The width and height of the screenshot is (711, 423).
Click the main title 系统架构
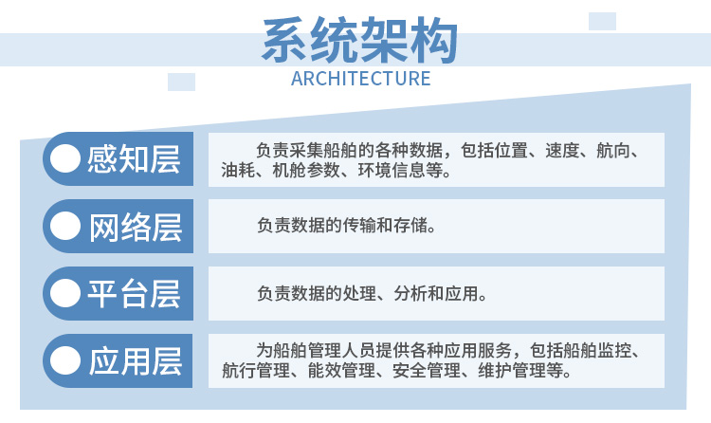tap(359, 40)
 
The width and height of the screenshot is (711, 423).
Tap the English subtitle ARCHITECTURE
tap(360, 79)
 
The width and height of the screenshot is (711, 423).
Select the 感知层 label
tap(134, 159)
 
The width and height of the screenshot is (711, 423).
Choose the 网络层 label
tap(136, 227)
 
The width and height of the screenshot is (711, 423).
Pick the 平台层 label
tap(134, 294)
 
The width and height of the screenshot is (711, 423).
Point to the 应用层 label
tap(136, 361)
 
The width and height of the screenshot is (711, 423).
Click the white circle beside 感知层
tap(65, 158)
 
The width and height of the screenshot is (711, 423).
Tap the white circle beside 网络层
tap(65, 226)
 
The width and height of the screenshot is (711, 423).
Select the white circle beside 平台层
tap(65, 293)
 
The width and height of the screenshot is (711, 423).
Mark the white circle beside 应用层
tap(65, 360)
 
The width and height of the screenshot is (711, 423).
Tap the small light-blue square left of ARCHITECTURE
tap(181, 82)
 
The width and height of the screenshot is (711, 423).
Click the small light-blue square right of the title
tap(602, 21)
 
